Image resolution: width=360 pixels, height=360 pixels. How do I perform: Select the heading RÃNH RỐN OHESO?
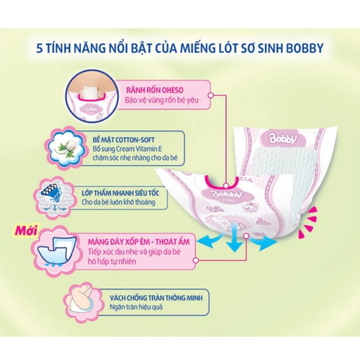[155, 90]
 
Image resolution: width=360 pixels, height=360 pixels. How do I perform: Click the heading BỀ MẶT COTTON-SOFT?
[123, 140]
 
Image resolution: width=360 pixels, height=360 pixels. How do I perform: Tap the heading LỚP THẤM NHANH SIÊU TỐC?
[120, 193]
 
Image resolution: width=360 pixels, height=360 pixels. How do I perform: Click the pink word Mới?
[26, 230]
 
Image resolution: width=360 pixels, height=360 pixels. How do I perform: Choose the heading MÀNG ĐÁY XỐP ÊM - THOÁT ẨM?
[139, 242]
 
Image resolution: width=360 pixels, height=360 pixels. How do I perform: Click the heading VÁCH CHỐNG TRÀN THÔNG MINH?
[156, 298]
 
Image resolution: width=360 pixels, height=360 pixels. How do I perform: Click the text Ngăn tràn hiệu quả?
[136, 307]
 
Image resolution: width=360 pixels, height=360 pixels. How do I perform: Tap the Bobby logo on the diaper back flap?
[283, 139]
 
